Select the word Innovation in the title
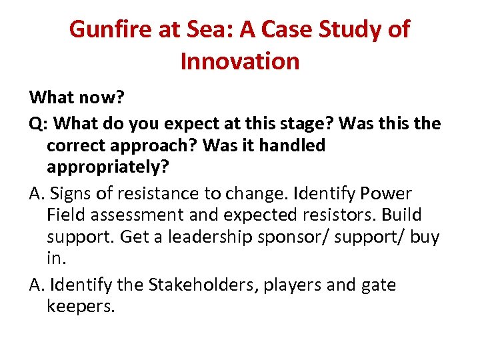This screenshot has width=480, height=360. coord(240,61)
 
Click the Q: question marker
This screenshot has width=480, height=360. coord(39,123)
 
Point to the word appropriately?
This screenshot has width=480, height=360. coord(108,167)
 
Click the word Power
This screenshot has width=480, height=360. coord(386,193)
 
